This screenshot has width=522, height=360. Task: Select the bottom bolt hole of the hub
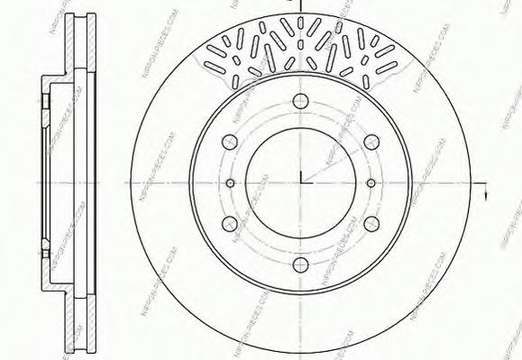click(x=301, y=263)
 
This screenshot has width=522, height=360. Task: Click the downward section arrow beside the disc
click(x=487, y=195)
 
